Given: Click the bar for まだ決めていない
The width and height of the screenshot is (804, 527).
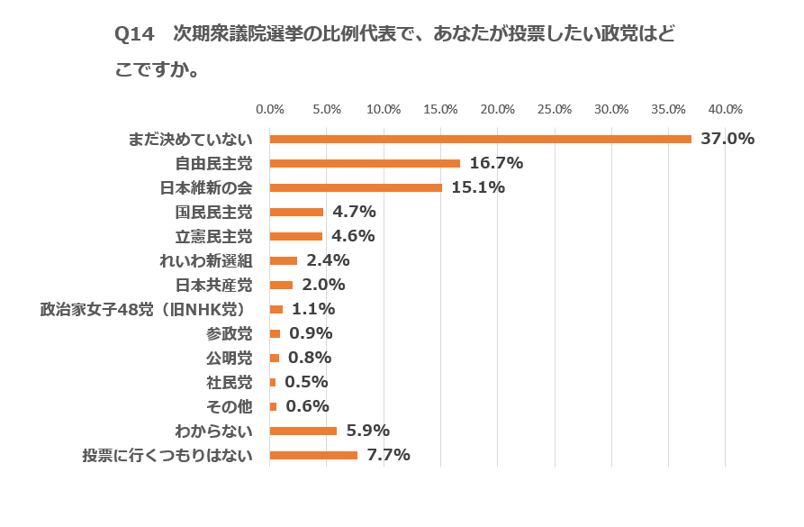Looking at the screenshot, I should point(481,139).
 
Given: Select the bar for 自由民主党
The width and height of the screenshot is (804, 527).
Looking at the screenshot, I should point(365,163).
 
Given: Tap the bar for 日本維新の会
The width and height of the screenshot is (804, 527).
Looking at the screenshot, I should point(356,187).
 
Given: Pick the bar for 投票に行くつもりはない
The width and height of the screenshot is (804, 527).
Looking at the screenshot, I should point(313,455).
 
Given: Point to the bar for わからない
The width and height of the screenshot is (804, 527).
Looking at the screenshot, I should point(303,431).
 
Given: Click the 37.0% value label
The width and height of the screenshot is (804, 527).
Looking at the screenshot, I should point(727,139).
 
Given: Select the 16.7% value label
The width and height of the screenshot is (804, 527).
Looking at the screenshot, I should point(496,163).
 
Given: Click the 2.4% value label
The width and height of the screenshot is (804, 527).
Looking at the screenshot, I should point(328,260).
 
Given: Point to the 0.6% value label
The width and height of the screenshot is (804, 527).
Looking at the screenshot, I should point(307,406).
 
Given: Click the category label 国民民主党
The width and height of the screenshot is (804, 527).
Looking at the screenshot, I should point(213,213).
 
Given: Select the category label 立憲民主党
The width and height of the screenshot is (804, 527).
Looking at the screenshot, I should point(213,237).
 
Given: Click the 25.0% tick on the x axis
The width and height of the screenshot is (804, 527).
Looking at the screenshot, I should point(555,109).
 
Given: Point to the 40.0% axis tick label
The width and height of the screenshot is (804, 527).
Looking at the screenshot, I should point(725,109).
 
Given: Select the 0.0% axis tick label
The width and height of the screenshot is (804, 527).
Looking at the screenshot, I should point(270,109).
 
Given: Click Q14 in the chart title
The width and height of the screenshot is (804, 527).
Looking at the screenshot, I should point(135,35).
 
